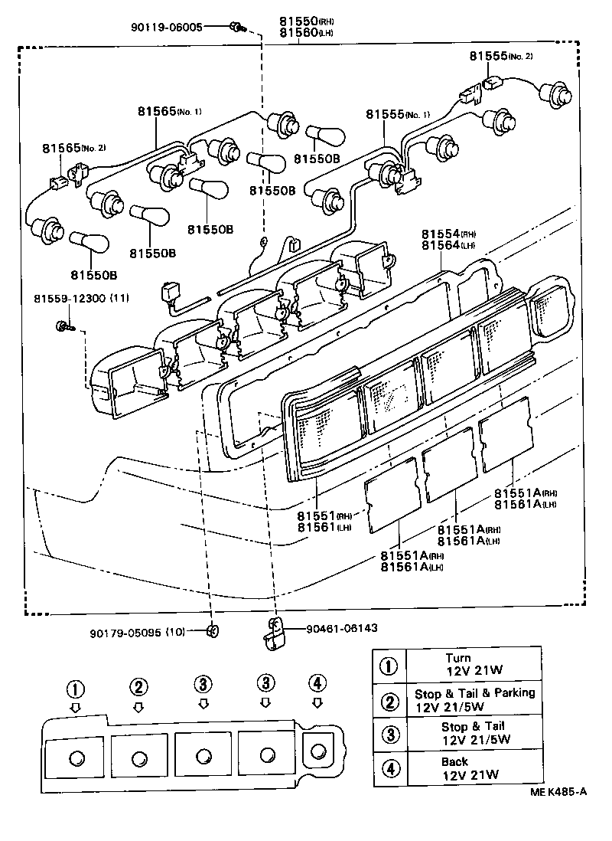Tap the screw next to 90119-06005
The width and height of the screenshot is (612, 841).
pos(236,28)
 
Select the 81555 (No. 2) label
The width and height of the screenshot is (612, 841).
pos(500,56)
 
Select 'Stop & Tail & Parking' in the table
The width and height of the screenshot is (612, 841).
pos(474,693)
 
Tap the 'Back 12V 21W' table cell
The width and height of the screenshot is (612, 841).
pos(470,768)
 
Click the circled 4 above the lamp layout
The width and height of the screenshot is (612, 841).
pos(317,683)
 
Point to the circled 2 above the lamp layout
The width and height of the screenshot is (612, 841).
pos(138,686)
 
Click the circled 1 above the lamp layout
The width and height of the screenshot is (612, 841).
pos(75,688)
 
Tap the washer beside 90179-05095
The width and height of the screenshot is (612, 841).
pos(213,632)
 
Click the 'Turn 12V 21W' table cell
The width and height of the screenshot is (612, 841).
pos(470,664)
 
